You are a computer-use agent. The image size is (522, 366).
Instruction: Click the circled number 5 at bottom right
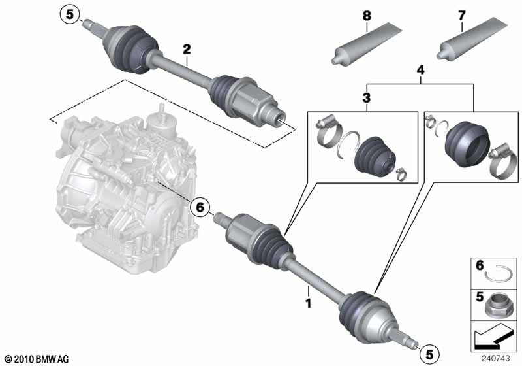pos(429,354)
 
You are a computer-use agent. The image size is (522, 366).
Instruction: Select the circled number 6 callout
pos(202,208)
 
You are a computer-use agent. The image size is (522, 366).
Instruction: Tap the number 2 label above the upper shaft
pos(187,49)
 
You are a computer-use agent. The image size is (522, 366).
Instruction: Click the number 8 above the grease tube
pos(367,14)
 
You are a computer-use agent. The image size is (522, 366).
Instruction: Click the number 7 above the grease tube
pos(461,14)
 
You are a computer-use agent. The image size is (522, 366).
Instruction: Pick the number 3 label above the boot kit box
pos(366,98)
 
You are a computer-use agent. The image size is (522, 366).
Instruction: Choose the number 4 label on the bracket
pos(420,70)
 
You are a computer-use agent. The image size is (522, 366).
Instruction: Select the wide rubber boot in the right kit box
pos(465,142)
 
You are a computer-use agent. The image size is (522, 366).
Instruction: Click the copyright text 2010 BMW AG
pos(36,359)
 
